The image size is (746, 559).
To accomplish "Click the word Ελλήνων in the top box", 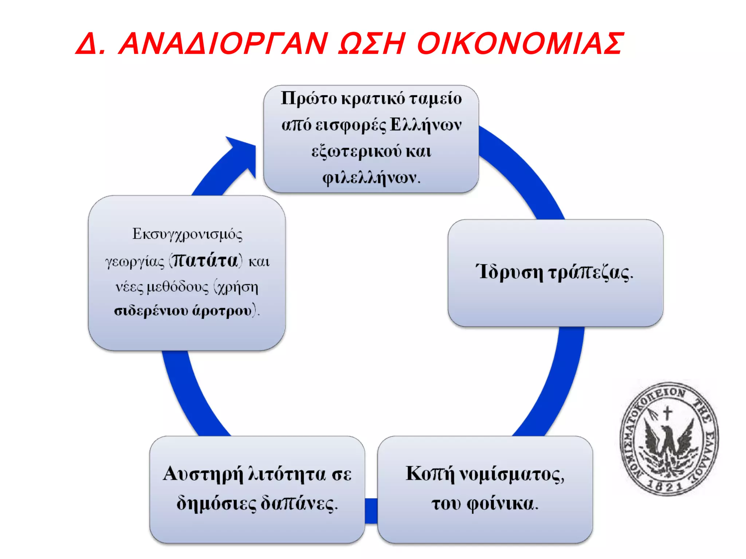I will (425, 125).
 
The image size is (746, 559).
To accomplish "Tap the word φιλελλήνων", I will (371, 178).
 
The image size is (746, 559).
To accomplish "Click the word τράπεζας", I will (590, 273).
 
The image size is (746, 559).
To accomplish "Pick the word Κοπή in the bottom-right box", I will (430, 473).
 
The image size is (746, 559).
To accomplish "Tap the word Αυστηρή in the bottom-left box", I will (203, 474).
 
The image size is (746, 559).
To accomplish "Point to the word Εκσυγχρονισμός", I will (187, 234).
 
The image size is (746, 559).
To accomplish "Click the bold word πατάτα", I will (205, 261).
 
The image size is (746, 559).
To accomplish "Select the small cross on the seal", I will (667, 413).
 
